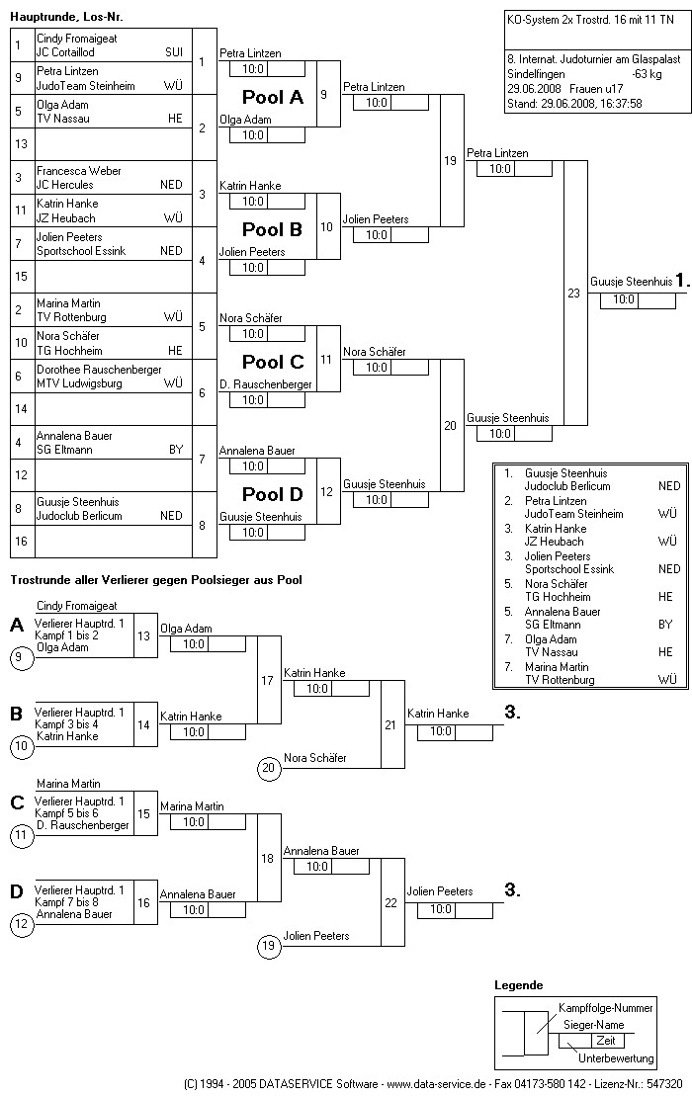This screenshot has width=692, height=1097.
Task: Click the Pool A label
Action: (273, 98)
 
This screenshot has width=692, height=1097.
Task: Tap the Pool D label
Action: (273, 494)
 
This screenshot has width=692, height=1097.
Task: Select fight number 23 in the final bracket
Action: (574, 293)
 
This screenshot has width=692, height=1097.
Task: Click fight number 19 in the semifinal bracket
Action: (450, 160)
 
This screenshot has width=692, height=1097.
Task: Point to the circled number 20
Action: (267, 767)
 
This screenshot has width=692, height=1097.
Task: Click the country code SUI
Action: (174, 51)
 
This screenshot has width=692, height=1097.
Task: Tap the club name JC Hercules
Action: (65, 185)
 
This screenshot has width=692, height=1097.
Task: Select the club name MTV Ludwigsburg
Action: (79, 382)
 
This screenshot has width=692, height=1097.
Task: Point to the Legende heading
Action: (518, 985)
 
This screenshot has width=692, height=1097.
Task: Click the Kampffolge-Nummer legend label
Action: (606, 1008)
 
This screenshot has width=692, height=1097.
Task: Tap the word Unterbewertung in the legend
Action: (616, 1058)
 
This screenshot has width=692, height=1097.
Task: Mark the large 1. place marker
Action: (681, 280)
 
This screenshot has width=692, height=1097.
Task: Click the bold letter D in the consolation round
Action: (17, 891)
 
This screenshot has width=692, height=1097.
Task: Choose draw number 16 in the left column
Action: (21, 542)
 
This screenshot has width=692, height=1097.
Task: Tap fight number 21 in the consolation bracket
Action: (390, 724)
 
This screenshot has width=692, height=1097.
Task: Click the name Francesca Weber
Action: (78, 171)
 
